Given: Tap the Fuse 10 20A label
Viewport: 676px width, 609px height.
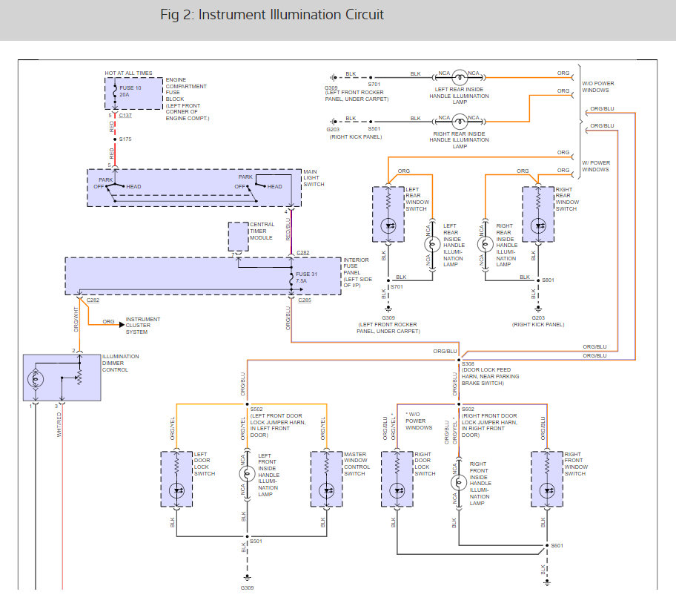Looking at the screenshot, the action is click(x=130, y=91).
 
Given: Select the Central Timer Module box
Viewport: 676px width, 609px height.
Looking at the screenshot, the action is click(x=238, y=237).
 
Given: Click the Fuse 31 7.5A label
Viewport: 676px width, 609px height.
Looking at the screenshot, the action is click(x=306, y=277).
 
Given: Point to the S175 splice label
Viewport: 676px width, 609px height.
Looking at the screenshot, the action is click(x=125, y=139).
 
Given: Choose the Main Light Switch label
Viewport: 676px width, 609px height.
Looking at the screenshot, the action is click(x=314, y=178).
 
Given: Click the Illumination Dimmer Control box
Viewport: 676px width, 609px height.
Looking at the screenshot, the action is click(x=62, y=378).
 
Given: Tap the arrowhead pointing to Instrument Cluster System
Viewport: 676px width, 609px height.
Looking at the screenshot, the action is click(x=122, y=324).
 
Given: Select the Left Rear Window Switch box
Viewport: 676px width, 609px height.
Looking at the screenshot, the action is click(x=388, y=214).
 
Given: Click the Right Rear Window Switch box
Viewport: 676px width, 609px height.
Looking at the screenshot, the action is click(x=538, y=214).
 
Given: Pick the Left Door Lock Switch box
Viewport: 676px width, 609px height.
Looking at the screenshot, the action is click(x=176, y=479).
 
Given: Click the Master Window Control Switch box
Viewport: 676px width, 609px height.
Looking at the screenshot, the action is click(x=327, y=479).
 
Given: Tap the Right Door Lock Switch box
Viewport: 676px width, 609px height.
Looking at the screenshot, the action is click(x=397, y=479).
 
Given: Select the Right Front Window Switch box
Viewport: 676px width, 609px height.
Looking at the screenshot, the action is click(x=547, y=479).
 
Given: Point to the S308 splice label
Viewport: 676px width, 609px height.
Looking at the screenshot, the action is click(x=468, y=364).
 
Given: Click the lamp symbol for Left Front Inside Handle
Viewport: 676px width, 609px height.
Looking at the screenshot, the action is click(x=247, y=473).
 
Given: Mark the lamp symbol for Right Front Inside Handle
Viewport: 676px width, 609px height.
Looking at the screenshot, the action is click(x=459, y=483).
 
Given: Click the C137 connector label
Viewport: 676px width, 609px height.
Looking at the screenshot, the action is click(x=125, y=116).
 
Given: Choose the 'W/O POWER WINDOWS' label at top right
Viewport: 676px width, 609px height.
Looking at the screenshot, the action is click(x=598, y=87).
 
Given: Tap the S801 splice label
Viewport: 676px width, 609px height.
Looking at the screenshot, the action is click(x=548, y=280).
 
